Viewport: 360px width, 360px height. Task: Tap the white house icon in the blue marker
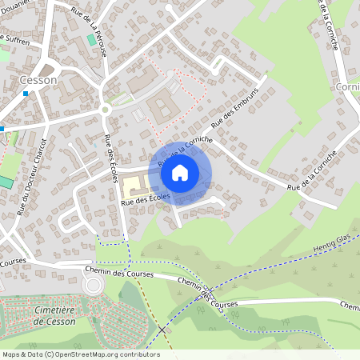pyautogui.click(x=180, y=172)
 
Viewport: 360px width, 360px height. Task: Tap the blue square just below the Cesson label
pyautogui.click(x=26, y=94)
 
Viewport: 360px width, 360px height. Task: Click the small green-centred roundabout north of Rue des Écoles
pyautogui.click(x=105, y=110)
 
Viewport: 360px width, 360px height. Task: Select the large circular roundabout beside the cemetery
pyautogui.click(x=94, y=286)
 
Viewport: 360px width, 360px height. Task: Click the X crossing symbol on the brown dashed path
pyautogui.click(x=162, y=330)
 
